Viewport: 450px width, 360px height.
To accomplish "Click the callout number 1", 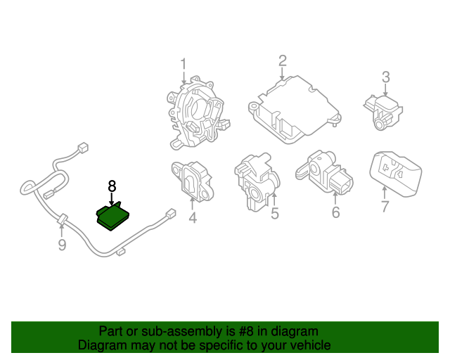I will [x=183, y=65].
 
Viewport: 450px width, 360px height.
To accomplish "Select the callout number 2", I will [x=282, y=60].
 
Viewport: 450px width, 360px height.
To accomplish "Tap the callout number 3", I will [x=386, y=77].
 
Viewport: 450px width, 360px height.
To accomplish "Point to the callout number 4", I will [x=192, y=218].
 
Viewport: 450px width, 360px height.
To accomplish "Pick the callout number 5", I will [x=275, y=213].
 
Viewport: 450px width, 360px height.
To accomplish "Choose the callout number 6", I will [x=335, y=212].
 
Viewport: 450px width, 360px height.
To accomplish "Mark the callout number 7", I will [x=385, y=207].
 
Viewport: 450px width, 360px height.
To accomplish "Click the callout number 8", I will [x=111, y=186].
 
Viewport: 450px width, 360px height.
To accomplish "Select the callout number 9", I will [x=62, y=245].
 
